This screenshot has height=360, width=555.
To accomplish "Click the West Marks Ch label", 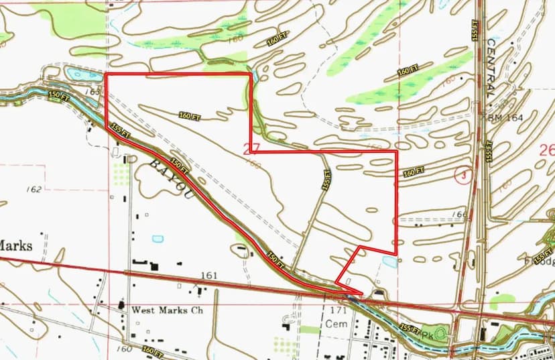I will click(162, 310).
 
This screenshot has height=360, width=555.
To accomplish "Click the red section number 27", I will click(251, 149).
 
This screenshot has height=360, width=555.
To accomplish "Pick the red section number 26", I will click(546, 149).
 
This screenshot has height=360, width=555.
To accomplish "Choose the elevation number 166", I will click(460, 215).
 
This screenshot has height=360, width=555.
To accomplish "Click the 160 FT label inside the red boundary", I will click(190, 116).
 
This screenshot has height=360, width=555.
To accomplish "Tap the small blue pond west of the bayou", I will click(158, 239).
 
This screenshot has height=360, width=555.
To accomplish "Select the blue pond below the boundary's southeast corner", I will click(389, 261).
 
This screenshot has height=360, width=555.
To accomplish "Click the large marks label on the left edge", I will click(15, 245).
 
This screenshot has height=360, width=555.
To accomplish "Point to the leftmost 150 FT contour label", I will click(59, 97).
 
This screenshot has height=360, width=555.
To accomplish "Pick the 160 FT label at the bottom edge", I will click(152, 351).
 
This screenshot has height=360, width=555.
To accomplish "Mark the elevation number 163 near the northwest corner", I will click(95, 92).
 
